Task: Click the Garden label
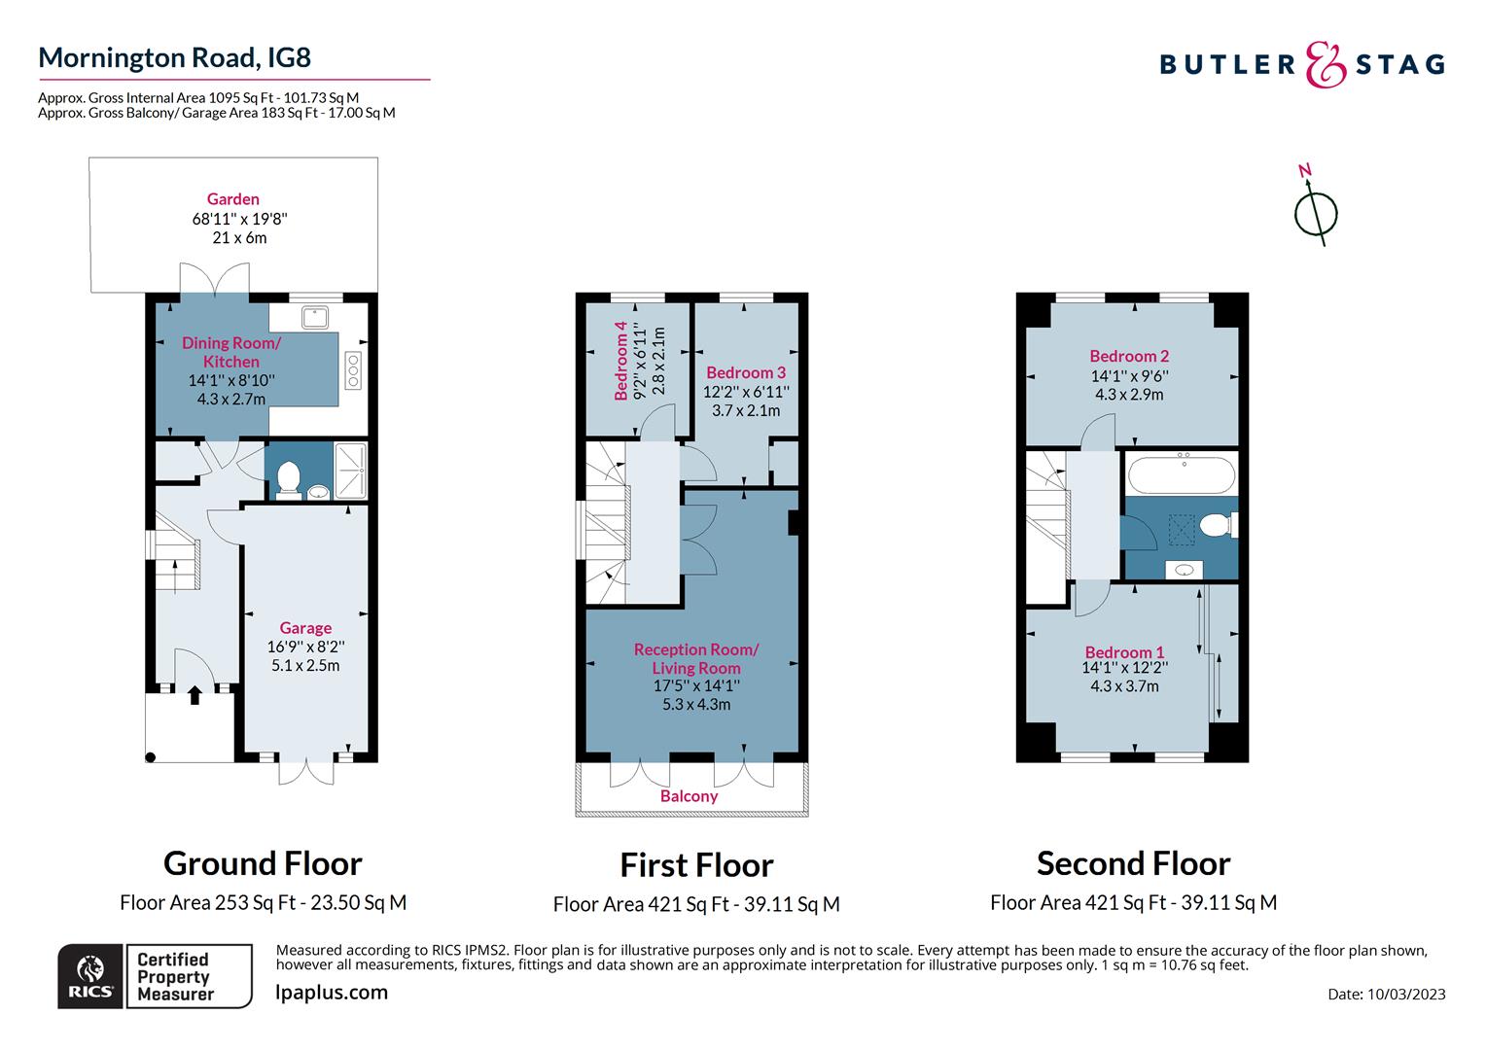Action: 233,199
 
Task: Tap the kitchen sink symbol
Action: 315,317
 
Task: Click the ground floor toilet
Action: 288,476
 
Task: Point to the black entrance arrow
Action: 195,694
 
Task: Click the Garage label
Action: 305,628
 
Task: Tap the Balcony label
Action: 689,796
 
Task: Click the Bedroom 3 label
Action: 746,372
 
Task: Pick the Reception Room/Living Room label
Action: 696,658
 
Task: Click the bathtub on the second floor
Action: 1182,475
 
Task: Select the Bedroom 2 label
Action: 1129,356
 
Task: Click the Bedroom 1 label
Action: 1124,652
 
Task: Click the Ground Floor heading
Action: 263,863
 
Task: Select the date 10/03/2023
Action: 1406,994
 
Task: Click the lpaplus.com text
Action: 332,993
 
